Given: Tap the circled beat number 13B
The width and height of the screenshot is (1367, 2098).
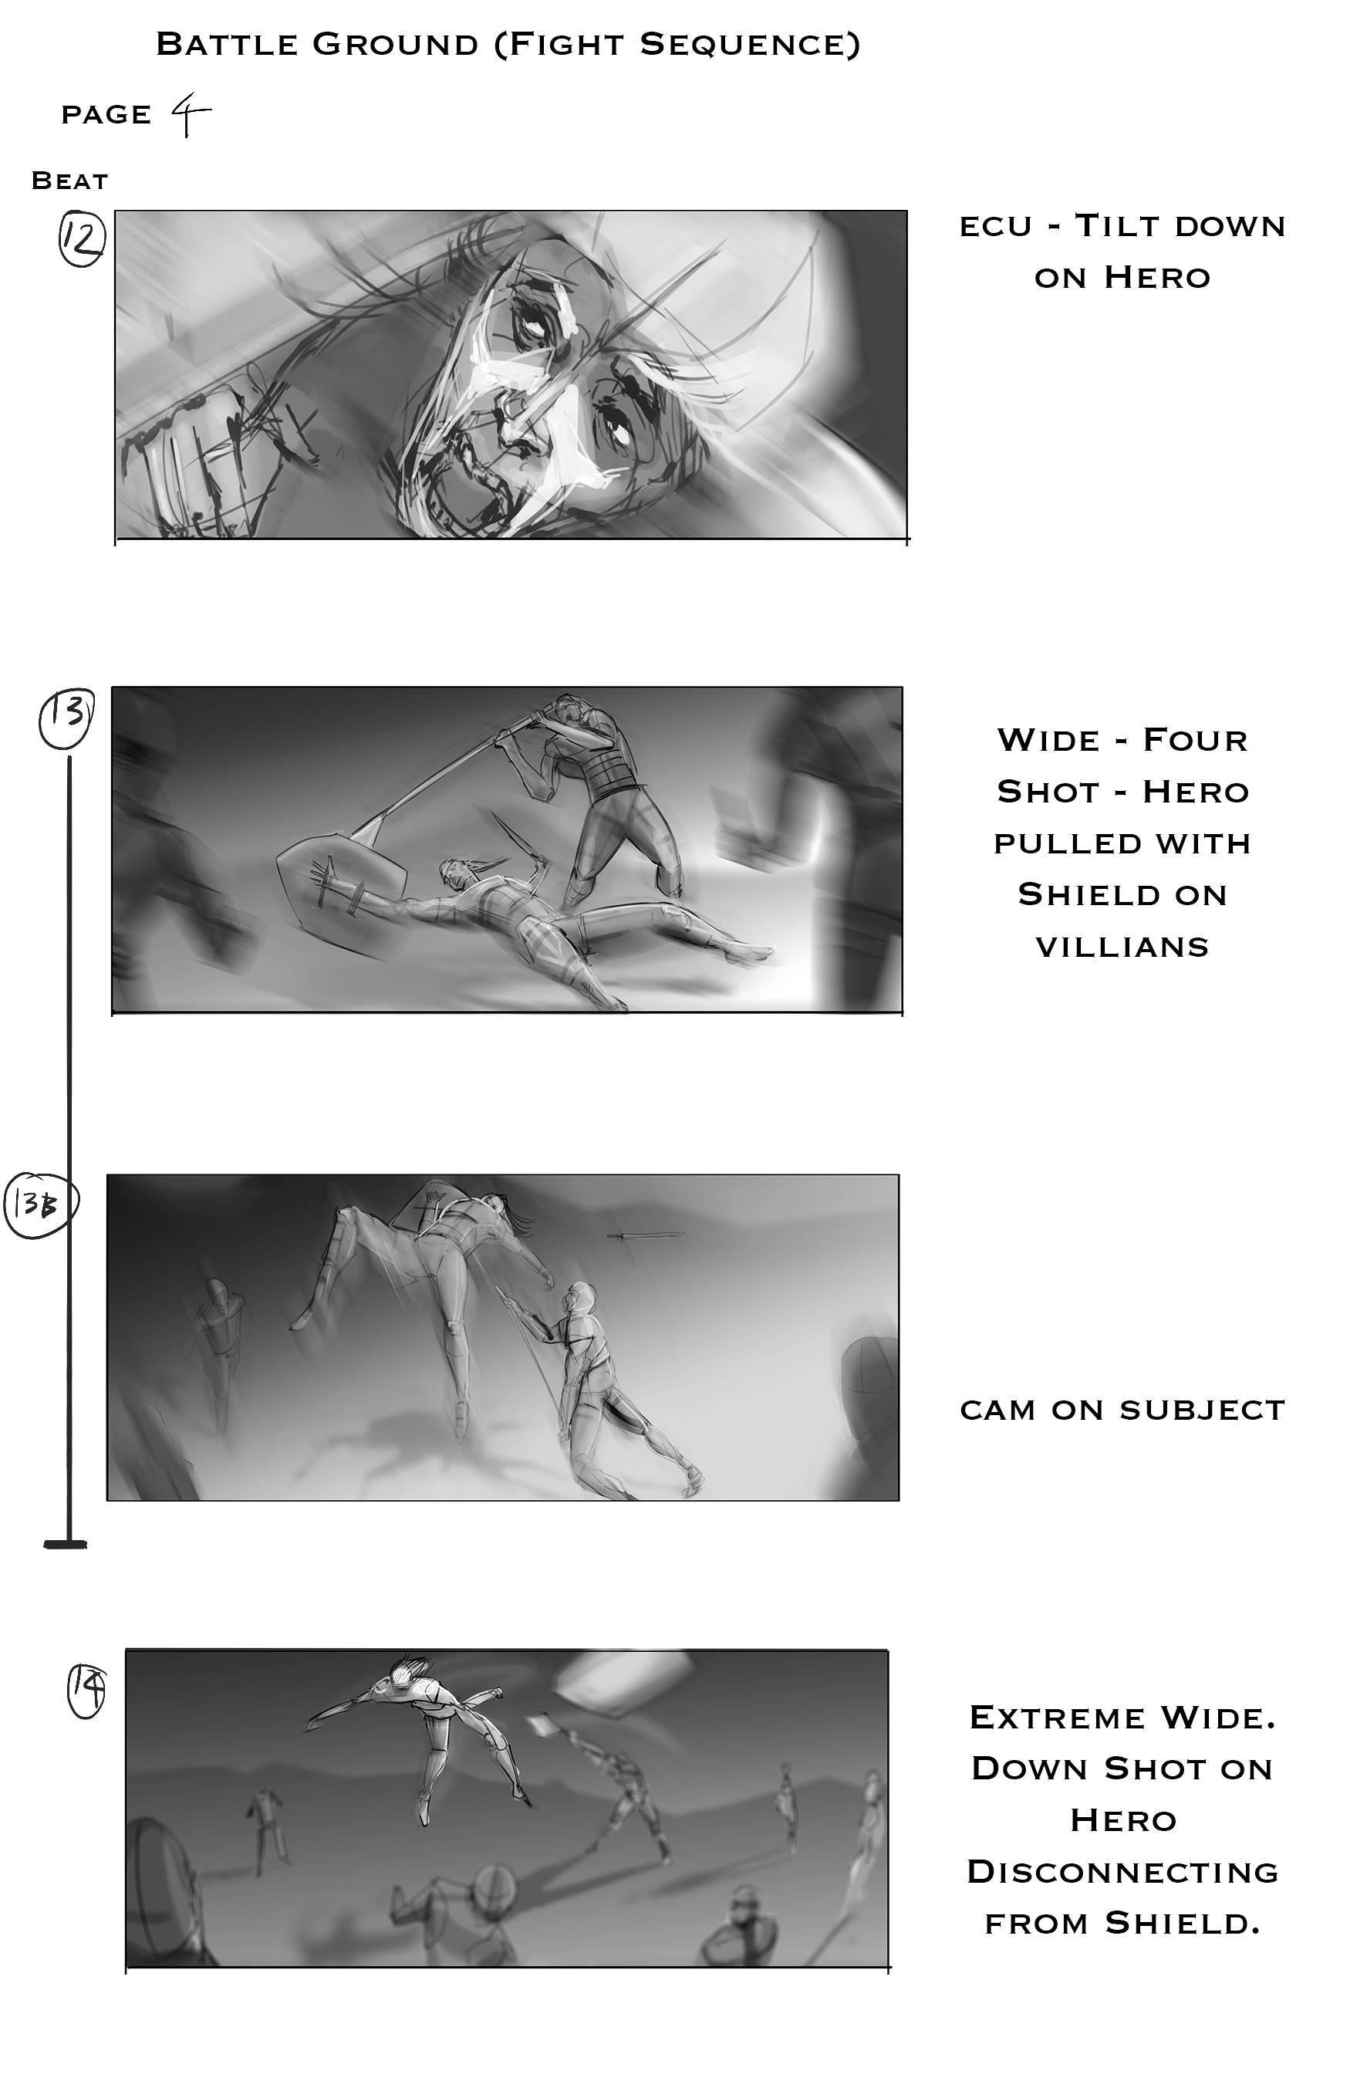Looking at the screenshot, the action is click(x=42, y=1204).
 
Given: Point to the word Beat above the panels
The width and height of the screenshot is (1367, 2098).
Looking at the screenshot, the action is click(x=69, y=181).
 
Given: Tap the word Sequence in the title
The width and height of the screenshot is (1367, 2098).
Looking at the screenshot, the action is click(x=750, y=44).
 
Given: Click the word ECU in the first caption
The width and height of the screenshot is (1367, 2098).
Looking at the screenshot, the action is click(x=995, y=227).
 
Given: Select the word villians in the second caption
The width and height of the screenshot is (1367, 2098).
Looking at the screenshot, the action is click(x=1122, y=947).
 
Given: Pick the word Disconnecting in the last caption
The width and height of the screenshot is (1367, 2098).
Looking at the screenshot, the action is click(x=1122, y=1873).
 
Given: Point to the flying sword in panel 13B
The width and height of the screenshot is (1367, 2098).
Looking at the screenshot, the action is click(x=646, y=1235).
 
